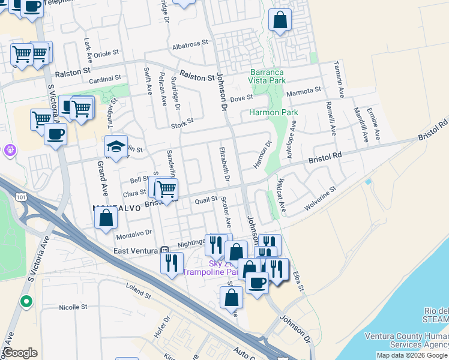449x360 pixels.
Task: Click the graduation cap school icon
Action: click(116, 145)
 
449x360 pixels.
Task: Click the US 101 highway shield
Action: click(22, 196)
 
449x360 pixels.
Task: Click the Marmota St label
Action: click(304, 91)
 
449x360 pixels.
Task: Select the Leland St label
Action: click(139, 292)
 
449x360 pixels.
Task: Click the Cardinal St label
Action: click(105, 79)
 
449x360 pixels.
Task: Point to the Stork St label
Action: click(182, 121)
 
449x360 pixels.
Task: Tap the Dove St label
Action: click(242, 97)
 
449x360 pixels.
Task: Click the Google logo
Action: click(20, 353)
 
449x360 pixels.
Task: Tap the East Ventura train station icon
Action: click(166, 250)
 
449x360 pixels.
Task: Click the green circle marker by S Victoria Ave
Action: click(26, 301)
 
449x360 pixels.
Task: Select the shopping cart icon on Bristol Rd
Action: click(166, 190)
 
